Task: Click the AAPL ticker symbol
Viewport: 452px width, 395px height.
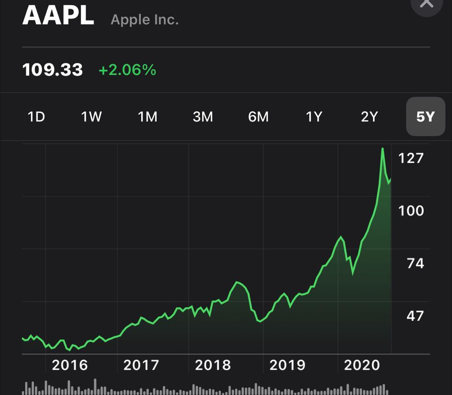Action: pyautogui.click(x=58, y=15)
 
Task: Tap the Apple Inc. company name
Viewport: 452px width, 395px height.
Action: pyautogui.click(x=144, y=20)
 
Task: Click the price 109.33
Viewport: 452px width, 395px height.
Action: pyautogui.click(x=53, y=70)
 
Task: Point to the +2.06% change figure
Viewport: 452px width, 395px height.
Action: pyautogui.click(x=127, y=70)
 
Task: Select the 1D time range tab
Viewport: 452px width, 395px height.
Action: pyautogui.click(x=36, y=117)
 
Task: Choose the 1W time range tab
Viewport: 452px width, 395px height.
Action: pyautogui.click(x=91, y=117)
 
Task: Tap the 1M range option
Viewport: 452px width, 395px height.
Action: pyautogui.click(x=147, y=117)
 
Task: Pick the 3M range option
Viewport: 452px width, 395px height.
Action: pyautogui.click(x=203, y=117)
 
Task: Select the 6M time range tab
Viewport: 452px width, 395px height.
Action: pyautogui.click(x=258, y=117)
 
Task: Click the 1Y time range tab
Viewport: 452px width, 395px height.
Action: pyautogui.click(x=314, y=117)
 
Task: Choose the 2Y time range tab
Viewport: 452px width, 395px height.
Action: pyautogui.click(x=369, y=117)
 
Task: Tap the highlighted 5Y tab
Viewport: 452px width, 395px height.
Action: pyautogui.click(x=426, y=117)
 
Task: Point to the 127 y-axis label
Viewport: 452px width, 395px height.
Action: pyautogui.click(x=411, y=158)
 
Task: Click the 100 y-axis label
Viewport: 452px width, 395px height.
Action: pyautogui.click(x=411, y=211)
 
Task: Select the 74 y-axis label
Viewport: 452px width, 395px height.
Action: pyautogui.click(x=415, y=263)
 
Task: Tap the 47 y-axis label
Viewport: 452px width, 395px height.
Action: pyautogui.click(x=415, y=316)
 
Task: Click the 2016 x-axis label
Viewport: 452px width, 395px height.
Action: pyautogui.click(x=70, y=365)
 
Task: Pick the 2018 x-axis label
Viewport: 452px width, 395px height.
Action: pyautogui.click(x=213, y=365)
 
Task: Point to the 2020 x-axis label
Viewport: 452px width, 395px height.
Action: pyautogui.click(x=362, y=365)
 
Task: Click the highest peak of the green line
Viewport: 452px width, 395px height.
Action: pyautogui.click(x=383, y=149)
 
